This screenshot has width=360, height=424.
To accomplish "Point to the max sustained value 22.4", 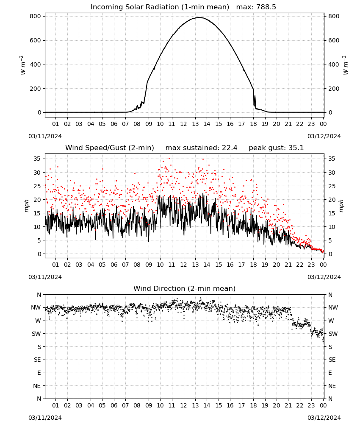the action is coord(230,148).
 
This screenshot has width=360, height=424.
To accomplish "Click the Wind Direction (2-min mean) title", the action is coord(185,288).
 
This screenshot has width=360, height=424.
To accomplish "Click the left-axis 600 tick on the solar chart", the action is coord(36,41).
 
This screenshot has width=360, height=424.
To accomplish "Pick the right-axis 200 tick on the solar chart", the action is coord(334,89).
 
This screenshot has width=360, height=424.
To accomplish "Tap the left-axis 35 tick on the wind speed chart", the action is coord(37,159).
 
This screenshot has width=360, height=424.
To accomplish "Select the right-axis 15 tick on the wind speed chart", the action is coord(332,213).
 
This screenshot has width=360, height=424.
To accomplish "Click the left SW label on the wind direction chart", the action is coord(36,334).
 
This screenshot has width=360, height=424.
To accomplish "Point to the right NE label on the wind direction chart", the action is coord(332,386).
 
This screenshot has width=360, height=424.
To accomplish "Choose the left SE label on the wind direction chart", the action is coord(37,360).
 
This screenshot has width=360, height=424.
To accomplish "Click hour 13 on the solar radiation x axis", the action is coord(195,124).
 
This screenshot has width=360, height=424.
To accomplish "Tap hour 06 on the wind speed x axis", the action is coord(114,265).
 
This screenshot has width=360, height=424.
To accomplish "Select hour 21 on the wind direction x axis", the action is coord(288,406).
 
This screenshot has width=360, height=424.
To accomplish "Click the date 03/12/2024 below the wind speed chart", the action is coord(324,277).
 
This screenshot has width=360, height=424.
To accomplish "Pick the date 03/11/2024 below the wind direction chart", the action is coord(45,418).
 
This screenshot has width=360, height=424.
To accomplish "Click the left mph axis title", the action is coord(26,206).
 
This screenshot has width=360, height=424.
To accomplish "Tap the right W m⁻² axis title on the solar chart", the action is coord(346,65).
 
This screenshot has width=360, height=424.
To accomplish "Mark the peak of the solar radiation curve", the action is coord(199,17).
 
